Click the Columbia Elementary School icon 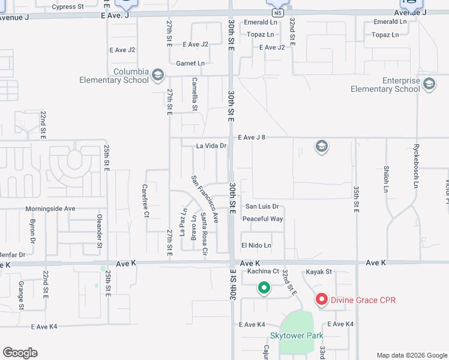point(158,74)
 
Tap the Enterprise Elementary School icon point(429,84)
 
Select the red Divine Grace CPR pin point(322,299)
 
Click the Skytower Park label point(297,335)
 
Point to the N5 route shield point(276,12)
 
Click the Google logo point(20,353)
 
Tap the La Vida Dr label point(211,146)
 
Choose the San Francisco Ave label point(205,199)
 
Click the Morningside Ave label point(50,209)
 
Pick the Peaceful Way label point(262,219)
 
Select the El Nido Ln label point(256,245)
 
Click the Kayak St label point(319,272)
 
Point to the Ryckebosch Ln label point(415,166)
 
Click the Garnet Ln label point(190,63)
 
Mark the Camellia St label point(194,94)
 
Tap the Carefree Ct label point(145,200)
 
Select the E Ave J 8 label point(252,137)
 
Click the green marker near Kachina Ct point(264,289)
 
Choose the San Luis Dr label point(262,206)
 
